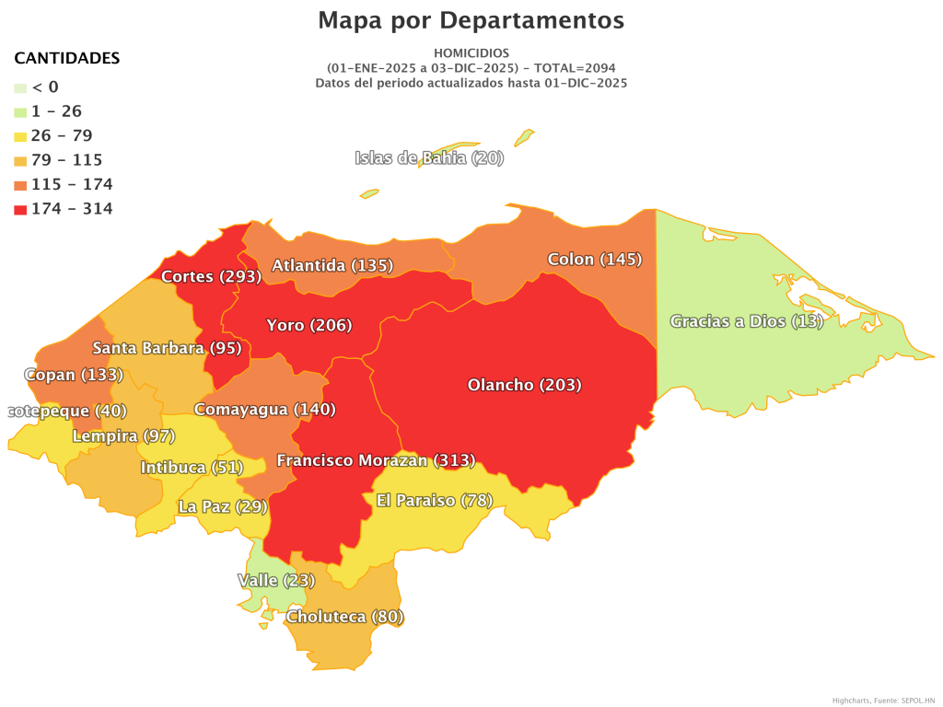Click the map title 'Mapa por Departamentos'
pyautogui.click(x=471, y=20)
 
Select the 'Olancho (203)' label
pyautogui.click(x=524, y=385)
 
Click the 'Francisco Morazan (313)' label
pyautogui.click(x=376, y=460)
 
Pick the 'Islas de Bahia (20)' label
pyautogui.click(x=429, y=158)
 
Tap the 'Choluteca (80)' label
pyautogui.click(x=344, y=617)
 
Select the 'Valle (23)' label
pyautogui.click(x=276, y=581)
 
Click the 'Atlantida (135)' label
pyautogui.click(x=332, y=266)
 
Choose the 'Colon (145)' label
pyautogui.click(x=594, y=260)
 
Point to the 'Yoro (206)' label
pyautogui.click(x=309, y=325)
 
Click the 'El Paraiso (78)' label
pyautogui.click(x=435, y=501)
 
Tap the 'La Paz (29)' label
pyautogui.click(x=222, y=506)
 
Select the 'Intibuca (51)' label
pyautogui.click(x=191, y=468)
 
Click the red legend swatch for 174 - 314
pyautogui.click(x=20, y=209)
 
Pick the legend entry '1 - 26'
pyautogui.click(x=57, y=111)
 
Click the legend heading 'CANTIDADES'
pyautogui.click(x=66, y=58)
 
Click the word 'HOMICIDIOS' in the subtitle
pyautogui.click(x=471, y=53)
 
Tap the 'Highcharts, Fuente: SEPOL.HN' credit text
pyautogui.click(x=883, y=701)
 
